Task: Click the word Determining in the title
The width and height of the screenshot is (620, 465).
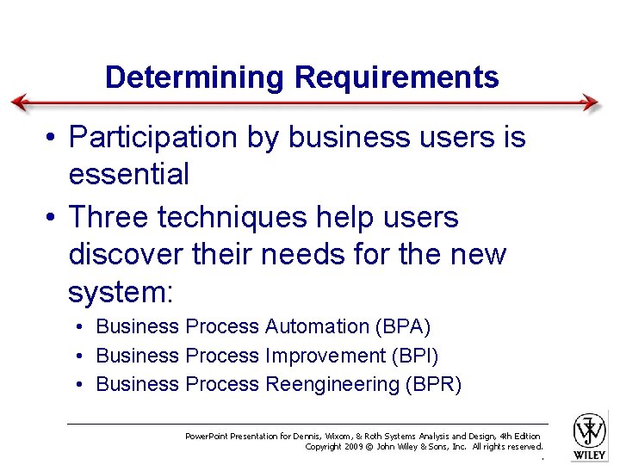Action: coord(195,77)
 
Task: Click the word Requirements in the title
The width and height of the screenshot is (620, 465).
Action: coord(396,77)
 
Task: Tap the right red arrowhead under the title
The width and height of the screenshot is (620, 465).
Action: coord(590,102)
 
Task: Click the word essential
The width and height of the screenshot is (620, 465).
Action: coord(128,175)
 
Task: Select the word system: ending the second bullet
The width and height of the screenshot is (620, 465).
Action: coord(121,293)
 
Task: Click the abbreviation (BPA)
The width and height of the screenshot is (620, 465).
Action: coord(403,326)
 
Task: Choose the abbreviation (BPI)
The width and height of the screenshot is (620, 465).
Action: coord(415,356)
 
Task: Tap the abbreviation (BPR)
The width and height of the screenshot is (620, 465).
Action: coord(433,384)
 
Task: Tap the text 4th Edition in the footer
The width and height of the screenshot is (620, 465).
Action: coord(520,437)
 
